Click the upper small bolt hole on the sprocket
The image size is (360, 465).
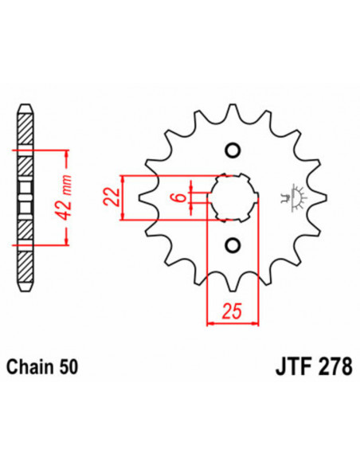pos(233,151)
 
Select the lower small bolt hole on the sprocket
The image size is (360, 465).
pos(233,244)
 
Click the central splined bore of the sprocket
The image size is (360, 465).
pos(233,197)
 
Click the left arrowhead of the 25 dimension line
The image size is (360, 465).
pos(210,323)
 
